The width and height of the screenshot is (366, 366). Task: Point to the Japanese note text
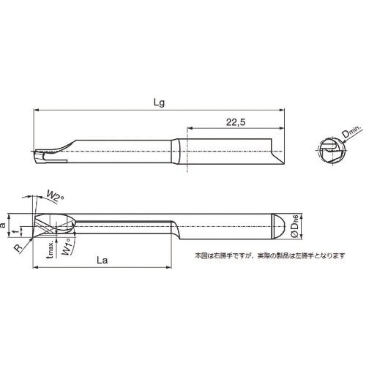point(269,255)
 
